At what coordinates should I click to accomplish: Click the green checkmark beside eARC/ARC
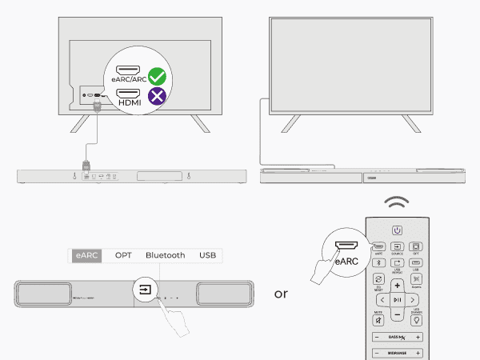pyautogui.click(x=158, y=78)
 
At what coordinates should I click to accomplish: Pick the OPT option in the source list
pyautogui.click(x=123, y=255)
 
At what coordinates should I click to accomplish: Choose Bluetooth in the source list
pyautogui.click(x=165, y=255)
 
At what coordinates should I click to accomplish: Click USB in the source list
pyautogui.click(x=207, y=255)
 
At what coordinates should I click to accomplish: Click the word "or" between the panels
pyautogui.click(x=281, y=294)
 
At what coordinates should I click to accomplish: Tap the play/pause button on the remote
pyautogui.click(x=397, y=299)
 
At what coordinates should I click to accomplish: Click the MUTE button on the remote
pyautogui.click(x=378, y=319)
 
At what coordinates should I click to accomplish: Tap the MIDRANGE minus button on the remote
pyautogui.click(x=376, y=353)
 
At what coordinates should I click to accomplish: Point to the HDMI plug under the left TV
pyautogui.click(x=98, y=108)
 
